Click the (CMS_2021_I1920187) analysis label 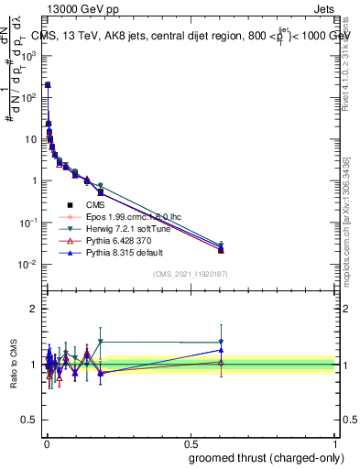click(190, 275)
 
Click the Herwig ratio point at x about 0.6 click(221, 342)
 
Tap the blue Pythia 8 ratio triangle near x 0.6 click(221, 350)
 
